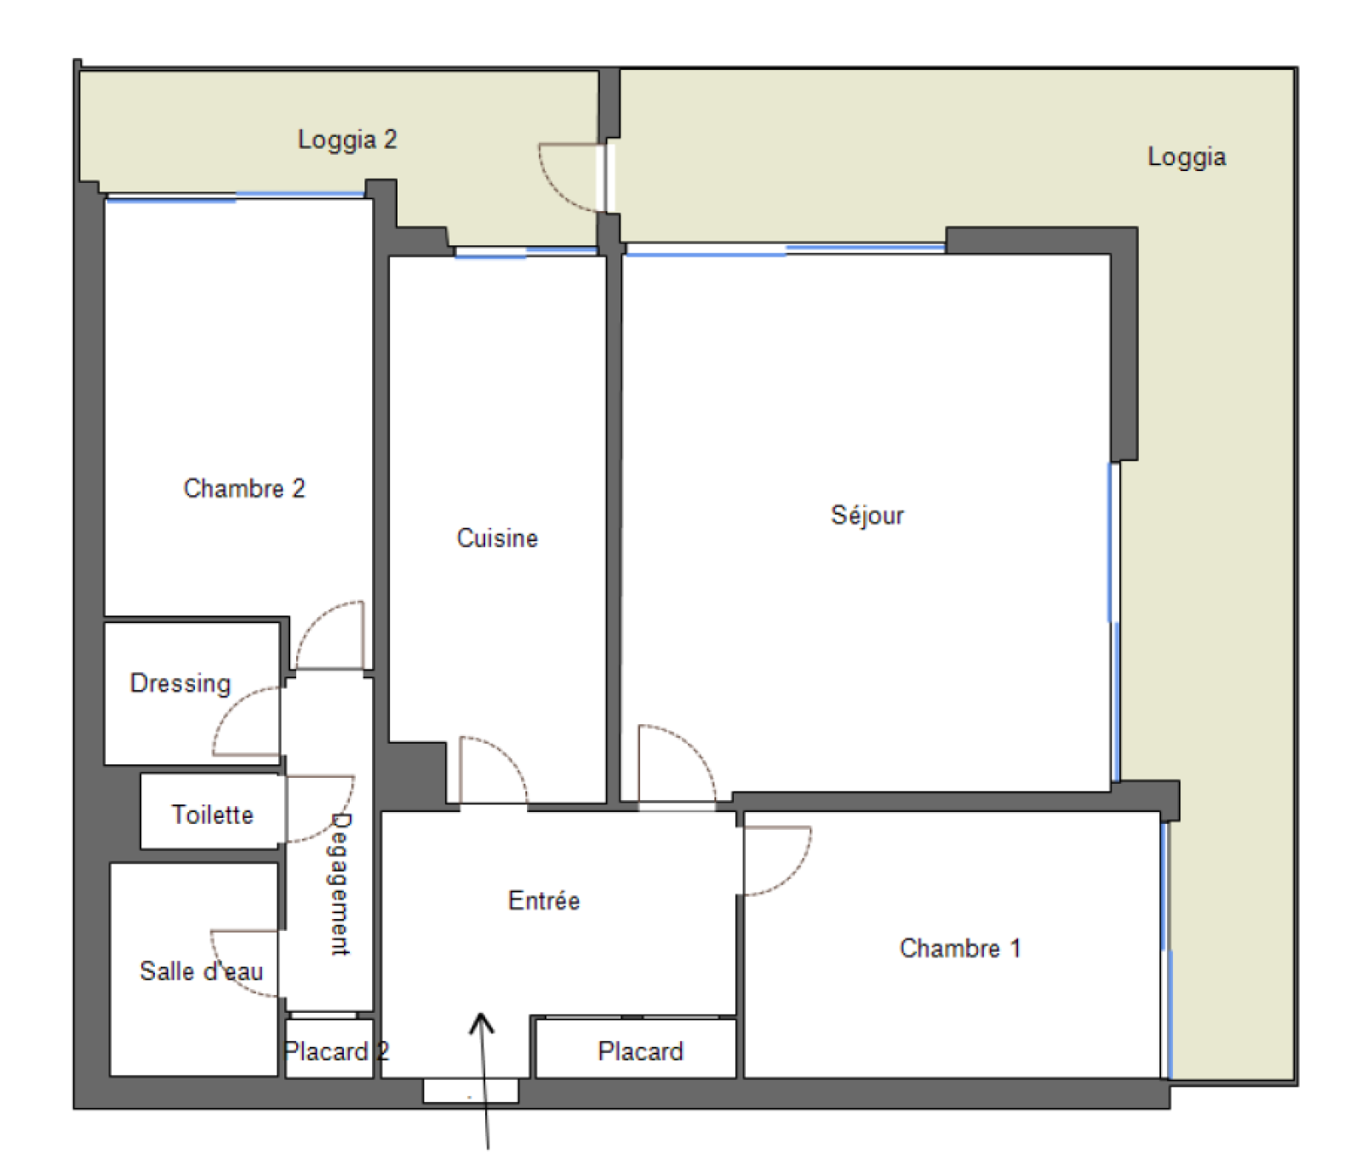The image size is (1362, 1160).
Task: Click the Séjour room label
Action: (x=867, y=516)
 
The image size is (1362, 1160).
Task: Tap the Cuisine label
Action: (x=497, y=538)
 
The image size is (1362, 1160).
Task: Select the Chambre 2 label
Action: (x=243, y=489)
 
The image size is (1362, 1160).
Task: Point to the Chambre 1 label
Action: (x=959, y=948)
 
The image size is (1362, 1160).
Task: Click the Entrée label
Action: (x=544, y=900)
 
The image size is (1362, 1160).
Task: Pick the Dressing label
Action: (x=180, y=683)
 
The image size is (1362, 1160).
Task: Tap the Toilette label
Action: (x=213, y=814)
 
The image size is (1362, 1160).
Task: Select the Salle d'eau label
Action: (x=202, y=971)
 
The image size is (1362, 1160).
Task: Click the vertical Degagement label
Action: (x=340, y=884)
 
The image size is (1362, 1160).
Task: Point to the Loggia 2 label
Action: (x=347, y=140)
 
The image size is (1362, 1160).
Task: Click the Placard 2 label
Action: (x=336, y=1051)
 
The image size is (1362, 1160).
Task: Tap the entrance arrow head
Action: (x=482, y=1022)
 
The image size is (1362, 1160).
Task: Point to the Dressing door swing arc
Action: (x=230, y=706)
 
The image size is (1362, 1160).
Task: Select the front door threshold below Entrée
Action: (x=471, y=1091)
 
